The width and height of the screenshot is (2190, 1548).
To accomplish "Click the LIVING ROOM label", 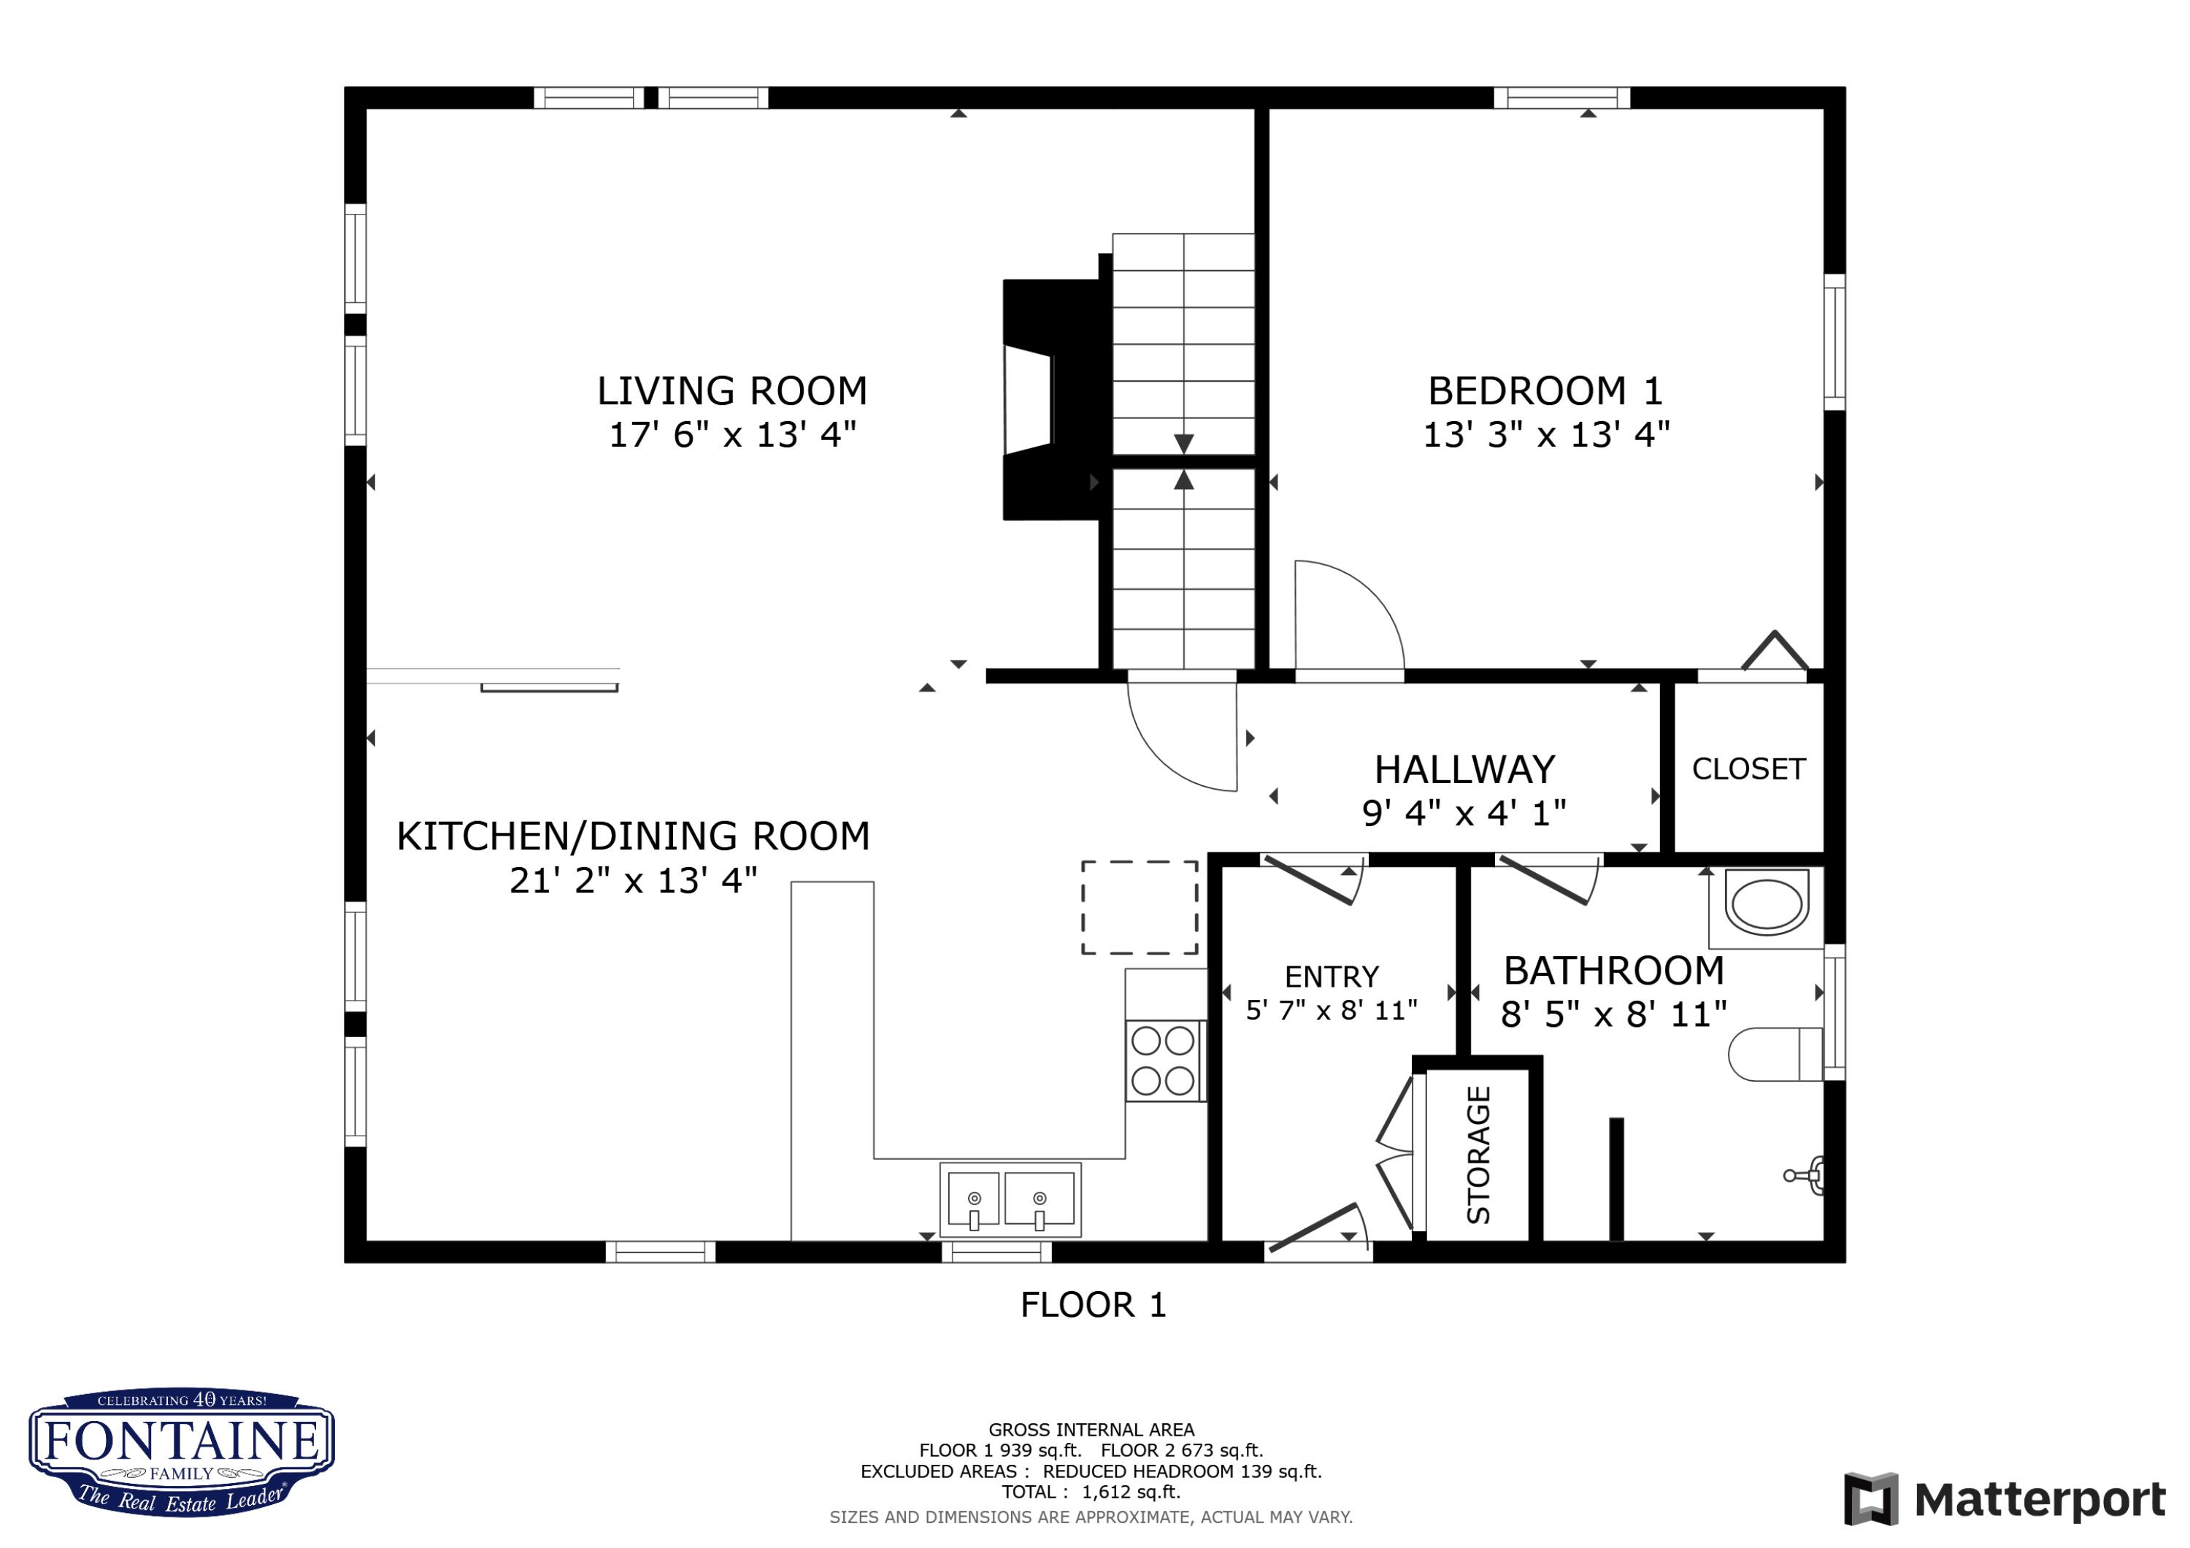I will tap(731, 391).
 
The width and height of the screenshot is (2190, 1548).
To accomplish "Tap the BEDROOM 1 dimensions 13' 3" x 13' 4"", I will tap(1545, 435).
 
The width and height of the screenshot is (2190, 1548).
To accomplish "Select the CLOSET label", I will tap(1748, 769).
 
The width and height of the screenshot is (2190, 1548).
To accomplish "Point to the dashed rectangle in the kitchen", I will tap(1139, 907).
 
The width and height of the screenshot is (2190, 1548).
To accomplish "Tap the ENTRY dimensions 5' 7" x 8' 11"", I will tap(1332, 1010).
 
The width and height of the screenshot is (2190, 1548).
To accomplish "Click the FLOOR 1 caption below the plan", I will tap(1093, 1305).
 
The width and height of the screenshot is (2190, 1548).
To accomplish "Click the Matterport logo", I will tap(2003, 1499).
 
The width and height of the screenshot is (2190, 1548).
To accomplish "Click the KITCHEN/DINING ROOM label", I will tap(632, 836).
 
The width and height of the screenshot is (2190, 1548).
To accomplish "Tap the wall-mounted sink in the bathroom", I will tap(1808, 1175).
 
